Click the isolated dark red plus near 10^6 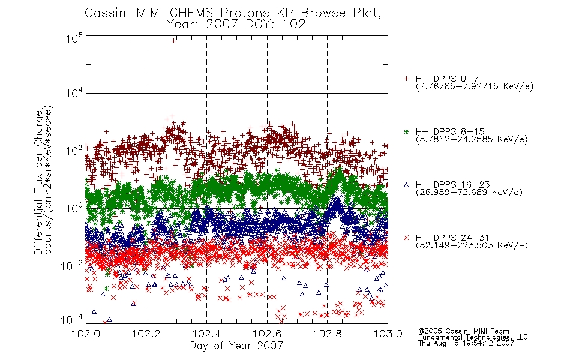[174, 41]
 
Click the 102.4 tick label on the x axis [207, 334]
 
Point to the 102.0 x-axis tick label [86, 334]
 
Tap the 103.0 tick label [388, 334]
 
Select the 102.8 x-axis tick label [328, 334]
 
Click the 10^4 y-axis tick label [74, 93]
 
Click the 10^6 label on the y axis [74, 38]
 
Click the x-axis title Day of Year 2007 [236, 346]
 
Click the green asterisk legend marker [406, 131]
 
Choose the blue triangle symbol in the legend [406, 185]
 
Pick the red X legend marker [406, 238]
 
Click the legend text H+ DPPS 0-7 [447, 79]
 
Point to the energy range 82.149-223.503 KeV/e [472, 245]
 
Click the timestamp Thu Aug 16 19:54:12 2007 [466, 343]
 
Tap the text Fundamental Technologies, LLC [473, 337]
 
